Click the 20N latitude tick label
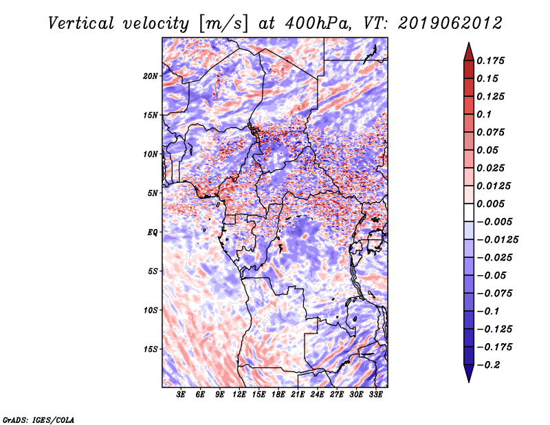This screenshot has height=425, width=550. (x=150, y=76)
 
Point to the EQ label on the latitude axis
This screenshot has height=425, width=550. (x=152, y=232)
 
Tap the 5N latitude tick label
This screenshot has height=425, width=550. (x=153, y=193)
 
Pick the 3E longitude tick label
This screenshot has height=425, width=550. (x=181, y=395)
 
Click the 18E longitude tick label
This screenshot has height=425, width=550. (x=278, y=395)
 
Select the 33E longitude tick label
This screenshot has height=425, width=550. (x=375, y=395)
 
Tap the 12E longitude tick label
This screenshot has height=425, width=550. (x=239, y=395)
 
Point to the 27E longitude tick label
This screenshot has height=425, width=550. (x=337, y=395)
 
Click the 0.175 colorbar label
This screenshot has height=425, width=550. (x=490, y=61)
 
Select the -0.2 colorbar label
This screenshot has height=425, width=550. (x=488, y=365)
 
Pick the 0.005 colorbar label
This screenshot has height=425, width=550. (x=490, y=204)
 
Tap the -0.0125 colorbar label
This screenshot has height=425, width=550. (x=497, y=240)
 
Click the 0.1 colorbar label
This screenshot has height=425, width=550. (x=484, y=114)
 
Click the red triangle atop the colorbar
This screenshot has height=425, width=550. (x=469, y=53)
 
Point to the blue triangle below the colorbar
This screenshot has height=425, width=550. (x=469, y=373)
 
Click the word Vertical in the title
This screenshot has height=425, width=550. (x=81, y=23)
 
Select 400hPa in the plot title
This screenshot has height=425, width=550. (x=318, y=23)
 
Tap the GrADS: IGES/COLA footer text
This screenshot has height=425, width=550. (x=38, y=419)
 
